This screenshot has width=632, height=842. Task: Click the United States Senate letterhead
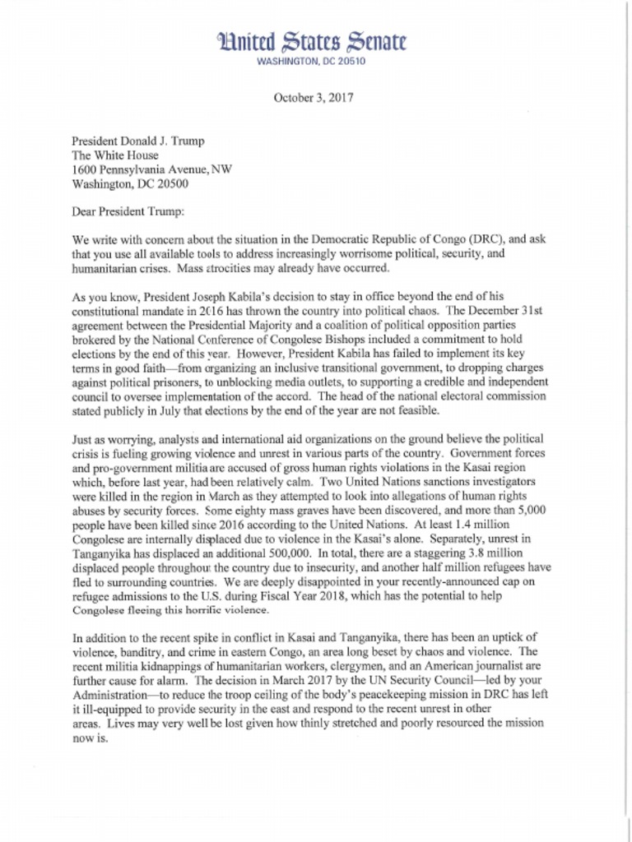(312, 42)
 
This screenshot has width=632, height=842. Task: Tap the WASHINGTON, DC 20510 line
(312, 62)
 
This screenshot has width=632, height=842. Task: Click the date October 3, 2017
(313, 99)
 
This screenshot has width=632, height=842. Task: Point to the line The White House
(114, 155)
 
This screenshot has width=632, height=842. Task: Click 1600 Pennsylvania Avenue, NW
(151, 169)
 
